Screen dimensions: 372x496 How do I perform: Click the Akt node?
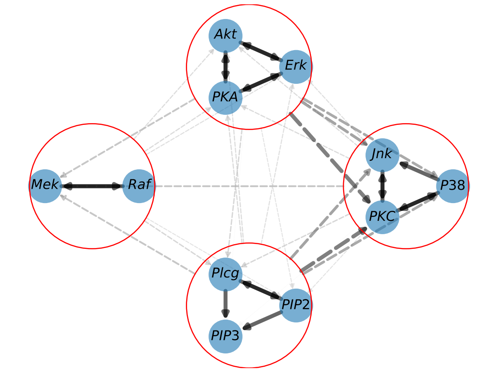[225, 35]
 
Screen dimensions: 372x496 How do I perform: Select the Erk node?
[296, 66]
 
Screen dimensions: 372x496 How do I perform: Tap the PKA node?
[225, 97]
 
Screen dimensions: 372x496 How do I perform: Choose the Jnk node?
[382, 155]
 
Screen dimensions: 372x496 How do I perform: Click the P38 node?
[452, 186]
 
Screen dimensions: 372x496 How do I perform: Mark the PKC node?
[382, 217]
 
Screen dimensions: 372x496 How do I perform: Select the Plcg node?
[225, 274]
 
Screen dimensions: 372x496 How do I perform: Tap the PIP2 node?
[296, 305]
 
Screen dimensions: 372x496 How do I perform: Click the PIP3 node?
[225, 336]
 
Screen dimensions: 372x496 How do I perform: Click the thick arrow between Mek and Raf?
[92, 186]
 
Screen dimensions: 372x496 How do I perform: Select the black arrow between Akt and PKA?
[225, 66]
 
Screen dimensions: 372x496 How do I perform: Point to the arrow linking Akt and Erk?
[261, 51]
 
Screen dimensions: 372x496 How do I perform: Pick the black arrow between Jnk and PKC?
[382, 186]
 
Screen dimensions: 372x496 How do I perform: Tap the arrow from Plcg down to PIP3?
[225, 304]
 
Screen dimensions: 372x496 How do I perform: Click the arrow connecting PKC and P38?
[417, 202]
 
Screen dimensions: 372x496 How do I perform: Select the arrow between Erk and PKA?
[261, 82]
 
